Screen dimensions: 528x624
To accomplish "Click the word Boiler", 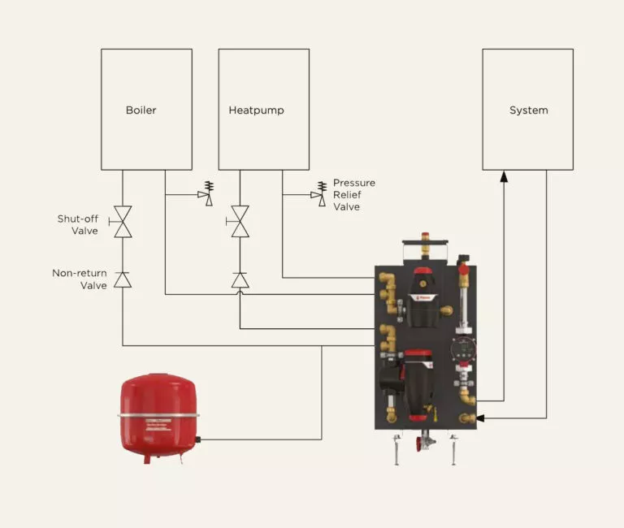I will [x=141, y=110].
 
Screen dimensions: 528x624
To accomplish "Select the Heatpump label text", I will [x=256, y=110].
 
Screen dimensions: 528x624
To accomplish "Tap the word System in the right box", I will [x=528, y=110].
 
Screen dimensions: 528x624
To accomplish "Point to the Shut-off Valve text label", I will [x=78, y=225].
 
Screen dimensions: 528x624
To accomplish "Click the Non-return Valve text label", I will [x=80, y=279].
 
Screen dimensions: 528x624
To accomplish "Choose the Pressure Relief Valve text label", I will [x=353, y=195].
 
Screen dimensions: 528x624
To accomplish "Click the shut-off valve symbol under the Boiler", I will [x=123, y=222].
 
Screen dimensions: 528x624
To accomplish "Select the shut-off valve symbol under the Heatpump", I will [x=240, y=222].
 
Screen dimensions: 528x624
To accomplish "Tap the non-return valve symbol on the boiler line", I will [x=123, y=279].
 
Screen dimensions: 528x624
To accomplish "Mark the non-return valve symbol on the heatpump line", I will [x=240, y=279].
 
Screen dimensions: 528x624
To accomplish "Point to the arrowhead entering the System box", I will [x=504, y=176].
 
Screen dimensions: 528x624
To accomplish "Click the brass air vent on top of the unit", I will [x=424, y=244].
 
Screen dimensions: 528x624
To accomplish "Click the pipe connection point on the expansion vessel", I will [x=197, y=440].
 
